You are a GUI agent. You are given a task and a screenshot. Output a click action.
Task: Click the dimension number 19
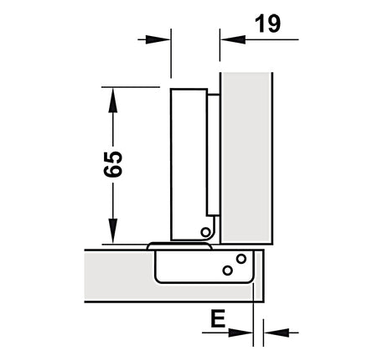pos(267,23)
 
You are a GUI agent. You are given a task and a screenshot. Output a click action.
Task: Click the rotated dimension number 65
pos(113,164)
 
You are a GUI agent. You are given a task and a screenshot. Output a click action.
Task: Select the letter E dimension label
pos(218,319)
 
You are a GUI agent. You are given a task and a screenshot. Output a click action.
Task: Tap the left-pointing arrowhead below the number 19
pos(233,39)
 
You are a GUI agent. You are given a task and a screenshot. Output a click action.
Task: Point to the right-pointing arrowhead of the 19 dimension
pos(158,39)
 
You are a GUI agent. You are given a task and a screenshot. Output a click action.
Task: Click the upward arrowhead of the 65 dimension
pos(113,100)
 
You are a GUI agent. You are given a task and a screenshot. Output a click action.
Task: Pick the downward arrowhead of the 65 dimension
pos(113,231)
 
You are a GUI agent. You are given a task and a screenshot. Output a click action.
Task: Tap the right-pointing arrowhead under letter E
pos(241,333)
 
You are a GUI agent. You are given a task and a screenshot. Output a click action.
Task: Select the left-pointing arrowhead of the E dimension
pos(277,333)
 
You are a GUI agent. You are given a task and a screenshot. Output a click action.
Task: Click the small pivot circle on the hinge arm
pos(205,232)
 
